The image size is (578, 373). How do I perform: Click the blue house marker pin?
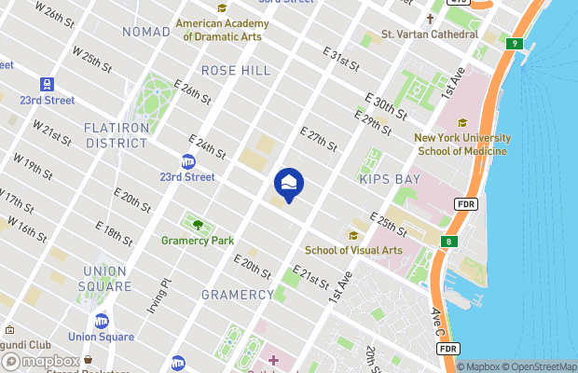click(x=289, y=183)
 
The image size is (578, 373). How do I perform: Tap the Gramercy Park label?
click(x=197, y=241)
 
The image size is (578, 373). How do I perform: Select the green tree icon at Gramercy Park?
click(x=197, y=224)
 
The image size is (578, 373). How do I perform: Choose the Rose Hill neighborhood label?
click(x=236, y=71)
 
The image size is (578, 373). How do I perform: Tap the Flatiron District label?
click(x=117, y=135)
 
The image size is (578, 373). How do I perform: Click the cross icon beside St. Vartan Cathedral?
click(x=431, y=19)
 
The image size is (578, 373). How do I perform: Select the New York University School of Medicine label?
click(x=461, y=144)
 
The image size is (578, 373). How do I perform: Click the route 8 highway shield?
click(x=450, y=242)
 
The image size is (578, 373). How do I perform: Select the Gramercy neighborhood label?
click(x=238, y=295)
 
